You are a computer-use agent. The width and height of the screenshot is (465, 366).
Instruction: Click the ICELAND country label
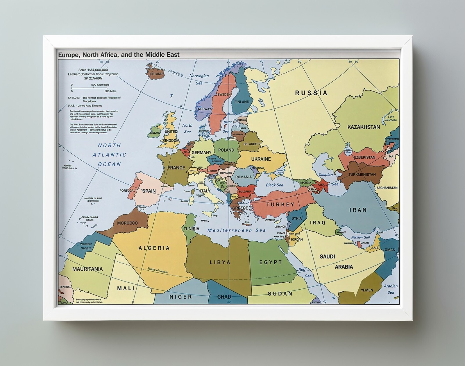[x=156, y=74]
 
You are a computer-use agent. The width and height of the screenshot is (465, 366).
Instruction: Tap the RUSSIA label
[x=311, y=93]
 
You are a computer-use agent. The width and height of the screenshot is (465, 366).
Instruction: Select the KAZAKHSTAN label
[x=364, y=127]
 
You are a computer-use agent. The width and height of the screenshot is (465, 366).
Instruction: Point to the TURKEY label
[x=280, y=204]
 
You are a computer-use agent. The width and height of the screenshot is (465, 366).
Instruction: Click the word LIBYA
[x=220, y=262]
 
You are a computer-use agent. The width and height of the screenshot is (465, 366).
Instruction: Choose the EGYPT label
[x=271, y=262]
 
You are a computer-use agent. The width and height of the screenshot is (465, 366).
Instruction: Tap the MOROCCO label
[x=127, y=223]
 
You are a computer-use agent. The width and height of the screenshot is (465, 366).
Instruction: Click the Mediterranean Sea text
[x=236, y=230]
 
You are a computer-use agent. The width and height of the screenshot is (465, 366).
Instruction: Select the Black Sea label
[x=274, y=185]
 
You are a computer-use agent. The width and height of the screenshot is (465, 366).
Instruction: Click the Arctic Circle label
[x=176, y=73]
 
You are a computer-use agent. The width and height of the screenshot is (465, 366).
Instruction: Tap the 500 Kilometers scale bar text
[x=100, y=85]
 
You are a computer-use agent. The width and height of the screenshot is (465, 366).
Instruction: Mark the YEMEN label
[x=367, y=290]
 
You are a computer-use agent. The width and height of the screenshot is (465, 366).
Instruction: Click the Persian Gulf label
[x=361, y=237]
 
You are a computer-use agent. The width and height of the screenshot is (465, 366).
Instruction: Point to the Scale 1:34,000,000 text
[x=93, y=70]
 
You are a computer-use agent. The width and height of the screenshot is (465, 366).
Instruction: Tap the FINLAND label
[x=242, y=102]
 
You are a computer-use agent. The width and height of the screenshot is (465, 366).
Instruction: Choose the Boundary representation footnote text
[x=88, y=301]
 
